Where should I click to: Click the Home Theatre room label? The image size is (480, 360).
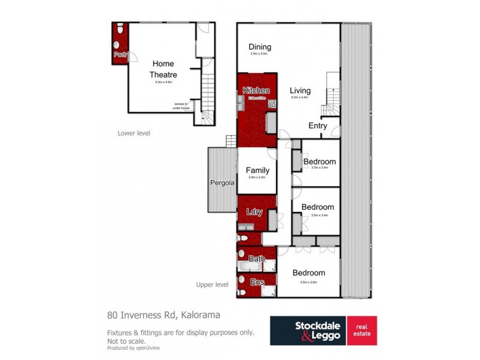[163, 68]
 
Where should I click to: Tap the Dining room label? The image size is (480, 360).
[260, 47]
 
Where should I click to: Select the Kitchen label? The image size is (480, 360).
[256, 90]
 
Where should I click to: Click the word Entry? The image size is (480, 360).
[317, 126]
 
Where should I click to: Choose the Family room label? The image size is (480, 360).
[258, 170]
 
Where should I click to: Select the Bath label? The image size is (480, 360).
[257, 259]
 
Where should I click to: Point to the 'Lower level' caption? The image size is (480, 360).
[134, 133]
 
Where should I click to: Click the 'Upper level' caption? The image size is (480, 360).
[212, 284]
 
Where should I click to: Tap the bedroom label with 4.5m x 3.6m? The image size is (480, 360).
[308, 272]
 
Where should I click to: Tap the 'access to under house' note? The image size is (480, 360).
[181, 106]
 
